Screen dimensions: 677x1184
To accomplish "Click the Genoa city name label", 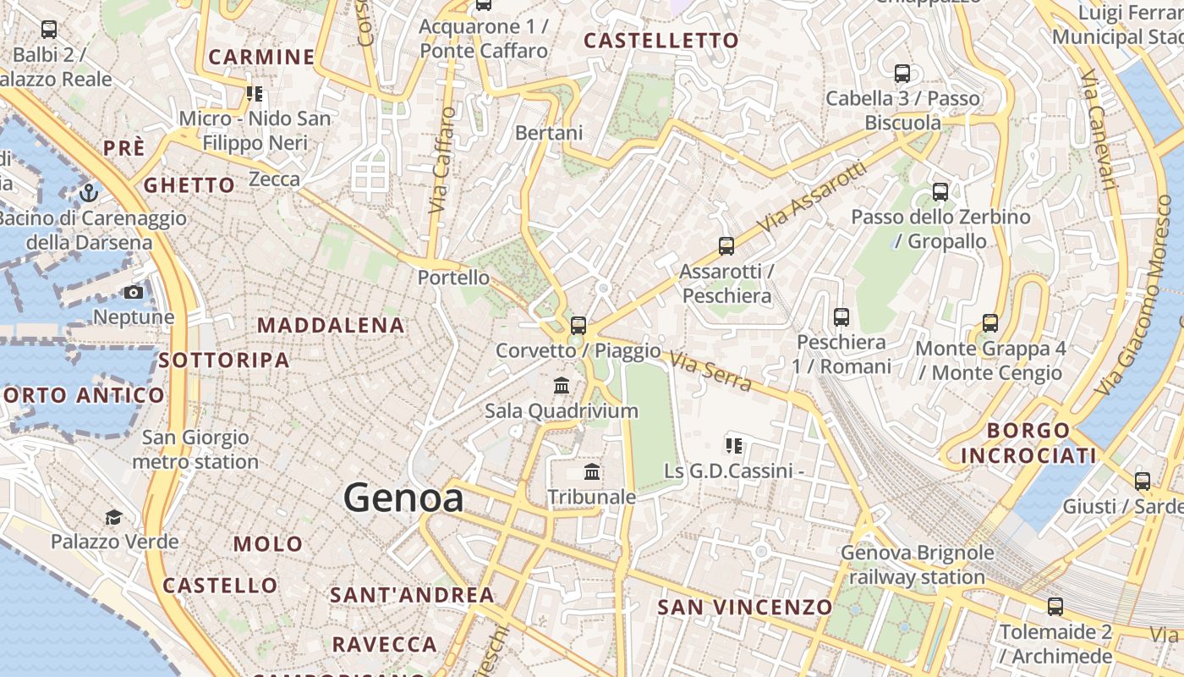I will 403,498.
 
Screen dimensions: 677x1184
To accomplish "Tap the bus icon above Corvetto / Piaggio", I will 578,325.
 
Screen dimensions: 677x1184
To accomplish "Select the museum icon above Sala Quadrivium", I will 562,386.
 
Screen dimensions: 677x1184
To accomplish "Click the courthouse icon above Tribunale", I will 592,471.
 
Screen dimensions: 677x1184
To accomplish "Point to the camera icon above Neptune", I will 134,293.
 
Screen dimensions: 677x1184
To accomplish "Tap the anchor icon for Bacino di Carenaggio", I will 88,194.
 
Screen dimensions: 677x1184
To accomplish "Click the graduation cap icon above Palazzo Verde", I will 113,517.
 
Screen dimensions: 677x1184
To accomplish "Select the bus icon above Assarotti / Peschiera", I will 726,246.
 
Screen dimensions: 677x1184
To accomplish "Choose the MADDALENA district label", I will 331,325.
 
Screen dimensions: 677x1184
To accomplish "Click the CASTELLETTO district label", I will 661,41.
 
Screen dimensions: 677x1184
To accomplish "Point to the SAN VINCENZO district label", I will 745,607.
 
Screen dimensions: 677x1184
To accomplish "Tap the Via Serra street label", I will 710,372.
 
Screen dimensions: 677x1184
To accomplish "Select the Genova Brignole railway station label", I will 917,565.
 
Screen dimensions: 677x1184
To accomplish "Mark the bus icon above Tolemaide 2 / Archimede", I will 1055,607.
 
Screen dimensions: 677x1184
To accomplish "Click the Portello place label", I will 453,278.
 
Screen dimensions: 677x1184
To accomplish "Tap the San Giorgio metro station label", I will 195,449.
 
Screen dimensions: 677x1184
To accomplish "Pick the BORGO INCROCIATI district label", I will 1028,443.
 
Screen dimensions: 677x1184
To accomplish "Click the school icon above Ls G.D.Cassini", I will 734,445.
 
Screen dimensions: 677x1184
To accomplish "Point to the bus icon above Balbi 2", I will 49,30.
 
